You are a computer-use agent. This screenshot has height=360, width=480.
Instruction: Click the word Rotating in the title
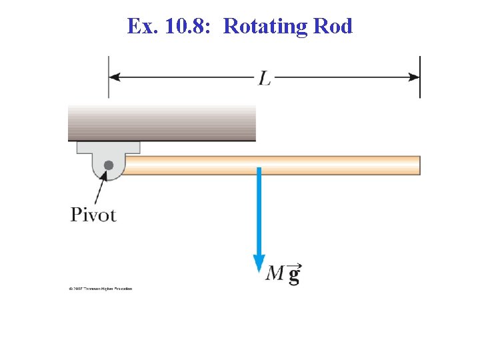tap(265, 26)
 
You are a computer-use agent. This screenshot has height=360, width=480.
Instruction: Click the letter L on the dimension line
tap(265, 79)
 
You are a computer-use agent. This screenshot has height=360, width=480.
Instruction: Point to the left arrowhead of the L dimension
tap(114, 77)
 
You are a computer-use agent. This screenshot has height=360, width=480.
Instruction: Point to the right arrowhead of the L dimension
tap(415, 77)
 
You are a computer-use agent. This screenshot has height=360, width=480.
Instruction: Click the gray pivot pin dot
tap(109, 165)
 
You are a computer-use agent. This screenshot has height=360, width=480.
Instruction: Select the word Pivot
tap(93, 215)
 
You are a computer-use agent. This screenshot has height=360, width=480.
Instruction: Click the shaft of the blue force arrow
tap(259, 213)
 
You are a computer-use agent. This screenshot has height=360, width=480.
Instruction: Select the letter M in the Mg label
tap(275, 273)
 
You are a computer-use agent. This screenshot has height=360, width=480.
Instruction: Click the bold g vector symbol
tap(293, 274)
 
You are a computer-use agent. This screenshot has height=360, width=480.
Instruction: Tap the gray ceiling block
tap(162, 123)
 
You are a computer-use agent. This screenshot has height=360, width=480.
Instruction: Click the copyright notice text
tap(100, 289)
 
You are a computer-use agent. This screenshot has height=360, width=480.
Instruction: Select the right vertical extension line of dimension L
tap(420, 77)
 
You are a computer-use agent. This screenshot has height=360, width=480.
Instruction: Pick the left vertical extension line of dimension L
tap(109, 77)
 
